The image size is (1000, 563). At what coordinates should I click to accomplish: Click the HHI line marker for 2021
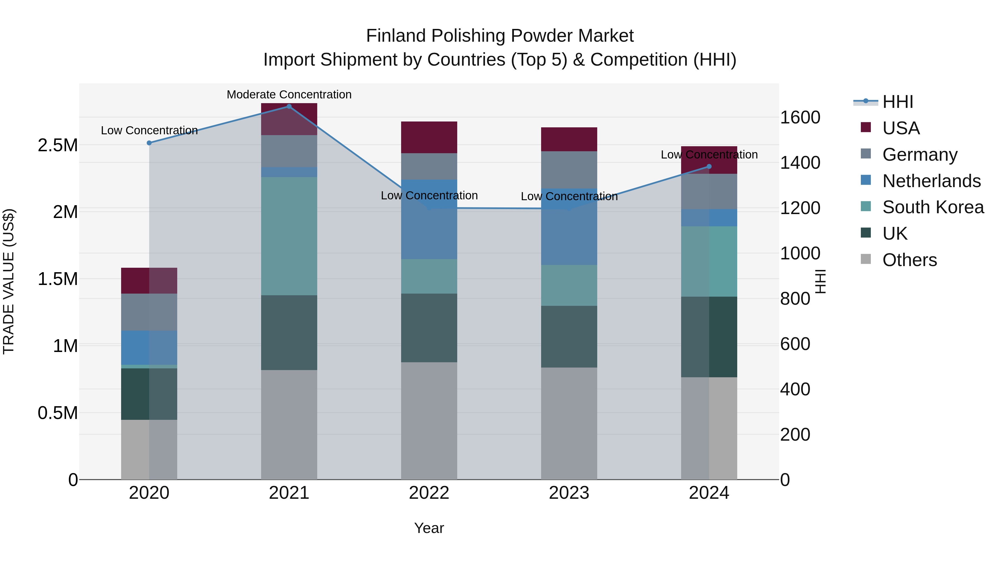(x=289, y=106)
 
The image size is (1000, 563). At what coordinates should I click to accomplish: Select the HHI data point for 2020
(x=149, y=143)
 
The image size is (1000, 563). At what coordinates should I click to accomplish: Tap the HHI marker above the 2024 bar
(x=709, y=166)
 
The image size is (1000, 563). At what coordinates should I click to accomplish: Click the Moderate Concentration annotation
(x=289, y=95)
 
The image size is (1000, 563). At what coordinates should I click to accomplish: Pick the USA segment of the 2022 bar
(x=429, y=138)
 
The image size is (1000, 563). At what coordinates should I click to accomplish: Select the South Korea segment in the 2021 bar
(x=289, y=236)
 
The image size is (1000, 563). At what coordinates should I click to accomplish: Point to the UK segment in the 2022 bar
(x=429, y=328)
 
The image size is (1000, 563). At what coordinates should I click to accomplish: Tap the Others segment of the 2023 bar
(x=569, y=423)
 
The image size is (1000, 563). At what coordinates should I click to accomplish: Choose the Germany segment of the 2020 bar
(x=149, y=312)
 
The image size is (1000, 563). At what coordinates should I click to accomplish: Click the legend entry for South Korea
(x=933, y=207)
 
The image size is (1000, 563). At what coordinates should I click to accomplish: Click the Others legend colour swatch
(x=866, y=259)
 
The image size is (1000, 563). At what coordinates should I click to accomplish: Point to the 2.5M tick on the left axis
(x=57, y=145)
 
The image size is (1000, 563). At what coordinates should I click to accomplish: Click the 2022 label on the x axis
(x=429, y=493)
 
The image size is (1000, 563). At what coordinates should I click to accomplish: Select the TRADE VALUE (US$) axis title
(x=9, y=281)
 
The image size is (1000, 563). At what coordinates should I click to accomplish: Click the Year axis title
(x=429, y=528)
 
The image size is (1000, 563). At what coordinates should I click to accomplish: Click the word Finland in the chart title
(x=396, y=36)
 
